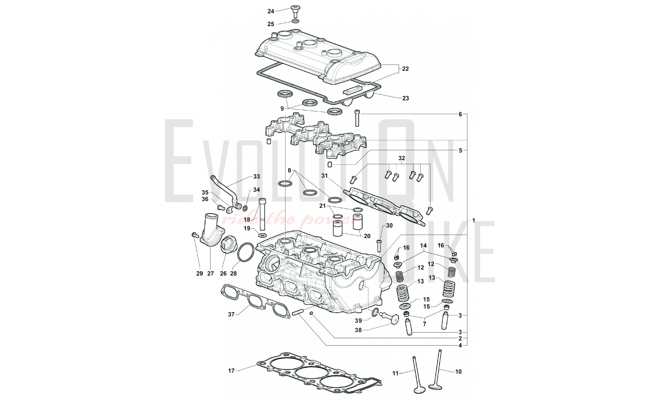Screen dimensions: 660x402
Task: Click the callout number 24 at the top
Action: coord(271,11)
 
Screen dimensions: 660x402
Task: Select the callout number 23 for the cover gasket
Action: coord(405,98)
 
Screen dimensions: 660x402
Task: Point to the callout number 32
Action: coord(401,158)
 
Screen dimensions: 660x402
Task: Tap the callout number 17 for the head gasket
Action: coord(231,371)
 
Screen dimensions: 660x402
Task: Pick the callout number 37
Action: coord(231,314)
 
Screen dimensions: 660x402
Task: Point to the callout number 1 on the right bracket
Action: coord(474,220)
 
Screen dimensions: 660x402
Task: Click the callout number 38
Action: coord(359,330)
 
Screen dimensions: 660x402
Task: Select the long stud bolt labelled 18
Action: coord(263,214)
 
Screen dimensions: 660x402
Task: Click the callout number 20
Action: coord(367,236)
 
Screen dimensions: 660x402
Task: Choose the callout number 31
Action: coord(325,176)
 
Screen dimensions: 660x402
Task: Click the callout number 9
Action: coord(282,108)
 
